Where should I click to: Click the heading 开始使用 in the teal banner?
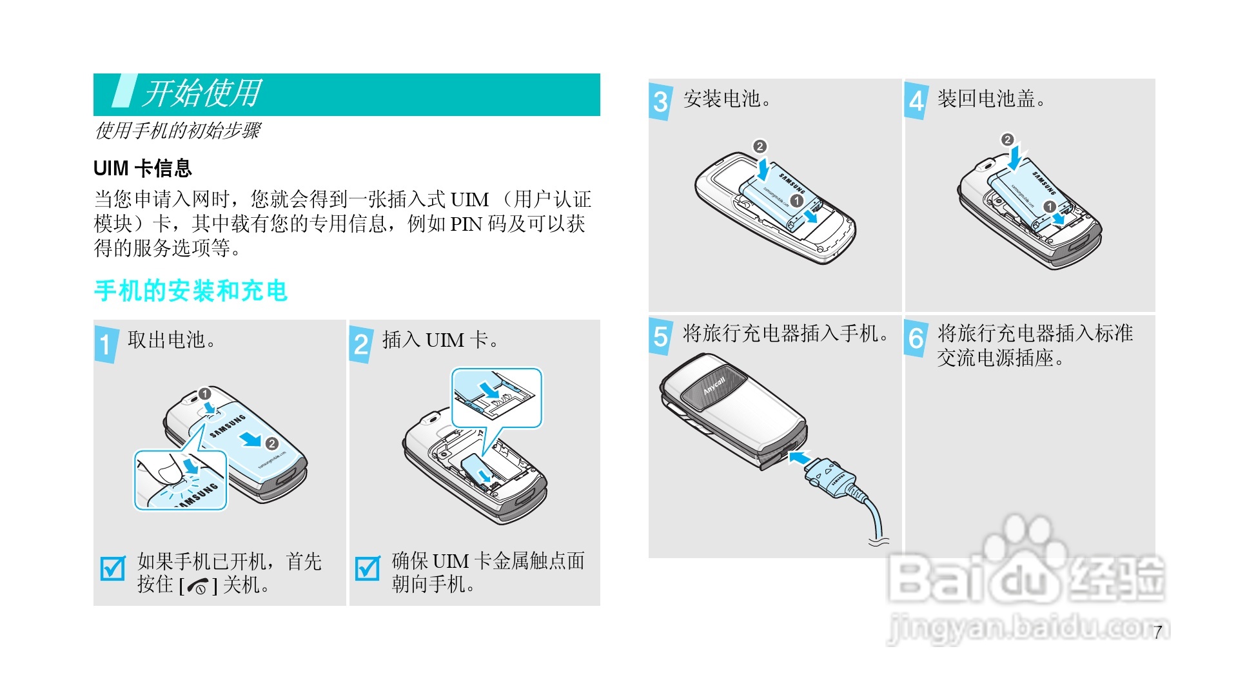pos(202,93)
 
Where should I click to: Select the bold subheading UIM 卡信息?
pos(142,168)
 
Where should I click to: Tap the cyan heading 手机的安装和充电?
pos(190,291)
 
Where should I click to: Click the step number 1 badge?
pos(106,344)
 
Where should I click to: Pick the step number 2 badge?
pos(361,344)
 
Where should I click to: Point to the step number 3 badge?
pos(660,101)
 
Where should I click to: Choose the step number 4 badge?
pos(916,101)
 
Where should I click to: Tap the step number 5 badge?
pos(660,336)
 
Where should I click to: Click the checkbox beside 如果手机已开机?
pos(113,568)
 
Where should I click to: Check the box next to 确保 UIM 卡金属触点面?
pos(368,568)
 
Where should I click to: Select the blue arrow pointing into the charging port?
pos(800,458)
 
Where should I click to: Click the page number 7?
pos(1158,632)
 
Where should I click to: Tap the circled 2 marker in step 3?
pos(760,146)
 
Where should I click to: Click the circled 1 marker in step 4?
pos(1050,206)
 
